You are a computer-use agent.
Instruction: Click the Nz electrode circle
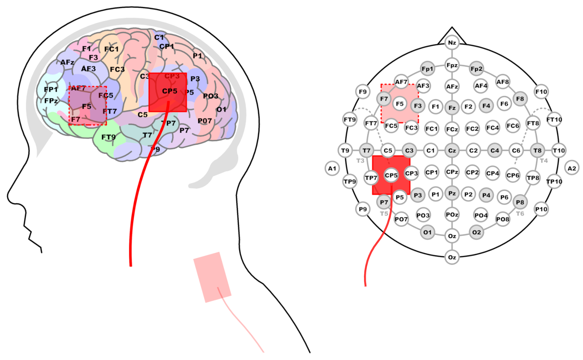coord(452,43)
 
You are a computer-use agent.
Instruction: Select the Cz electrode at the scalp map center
coord(452,150)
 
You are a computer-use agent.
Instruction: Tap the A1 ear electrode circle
coord(331,169)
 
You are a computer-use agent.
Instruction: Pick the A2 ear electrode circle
coord(572,169)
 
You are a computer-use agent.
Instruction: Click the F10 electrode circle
coord(541,92)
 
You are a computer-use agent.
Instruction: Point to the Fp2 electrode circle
coord(476,69)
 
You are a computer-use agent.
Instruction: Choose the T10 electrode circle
coord(559,150)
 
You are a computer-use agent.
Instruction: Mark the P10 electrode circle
coord(541,208)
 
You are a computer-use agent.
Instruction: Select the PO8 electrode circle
coord(502,219)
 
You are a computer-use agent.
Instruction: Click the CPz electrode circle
coord(452,172)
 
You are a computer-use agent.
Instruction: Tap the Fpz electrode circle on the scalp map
coord(452,65)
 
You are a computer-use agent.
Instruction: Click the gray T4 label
coord(544,160)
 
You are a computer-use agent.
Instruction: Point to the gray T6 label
coord(520,213)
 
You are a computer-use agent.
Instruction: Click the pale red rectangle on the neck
coord(212,277)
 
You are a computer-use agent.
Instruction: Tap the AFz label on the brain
coord(67,62)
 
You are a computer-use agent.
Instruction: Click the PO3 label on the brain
coord(210,96)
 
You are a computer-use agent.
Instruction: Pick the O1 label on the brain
coord(221,109)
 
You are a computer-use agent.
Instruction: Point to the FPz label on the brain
coord(51,101)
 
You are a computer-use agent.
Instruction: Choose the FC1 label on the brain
coord(111,49)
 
